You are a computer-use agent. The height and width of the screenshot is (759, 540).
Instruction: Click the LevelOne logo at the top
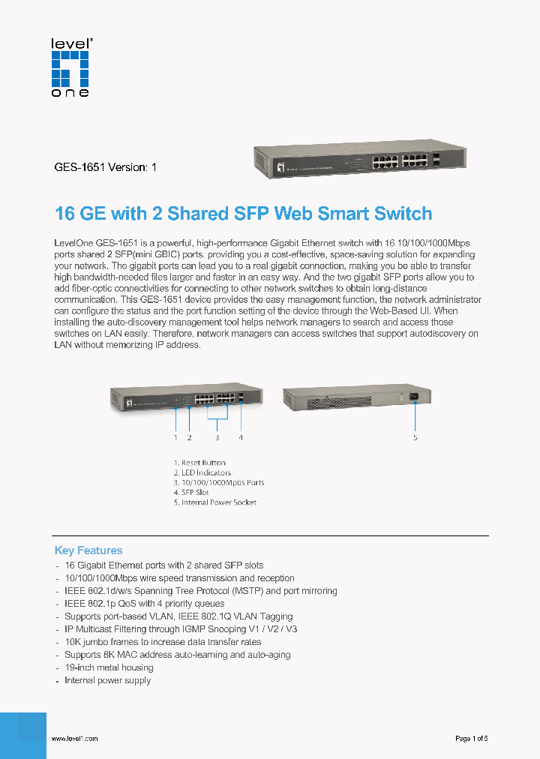click(x=70, y=67)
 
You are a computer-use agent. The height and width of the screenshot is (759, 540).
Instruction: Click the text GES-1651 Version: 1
click(x=106, y=168)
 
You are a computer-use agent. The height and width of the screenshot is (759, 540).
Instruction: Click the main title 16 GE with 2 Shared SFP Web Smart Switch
click(x=244, y=214)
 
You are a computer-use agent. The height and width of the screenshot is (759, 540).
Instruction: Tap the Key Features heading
click(x=88, y=550)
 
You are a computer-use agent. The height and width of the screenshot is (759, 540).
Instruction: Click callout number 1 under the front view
click(x=175, y=437)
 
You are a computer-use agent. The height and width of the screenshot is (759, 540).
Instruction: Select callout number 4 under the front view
click(x=241, y=437)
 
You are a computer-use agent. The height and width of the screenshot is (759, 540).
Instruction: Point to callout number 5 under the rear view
click(x=415, y=437)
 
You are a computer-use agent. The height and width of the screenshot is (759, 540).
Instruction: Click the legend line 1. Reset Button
click(x=199, y=463)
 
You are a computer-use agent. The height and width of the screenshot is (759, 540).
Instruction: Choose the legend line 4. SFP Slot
click(x=191, y=492)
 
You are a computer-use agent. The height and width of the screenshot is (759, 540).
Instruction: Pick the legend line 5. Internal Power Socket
click(x=215, y=502)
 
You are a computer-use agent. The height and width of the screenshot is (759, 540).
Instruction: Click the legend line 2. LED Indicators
click(x=202, y=472)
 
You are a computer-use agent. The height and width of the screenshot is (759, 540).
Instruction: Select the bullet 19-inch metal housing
click(x=109, y=667)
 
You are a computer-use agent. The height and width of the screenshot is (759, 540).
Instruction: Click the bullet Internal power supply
click(x=107, y=680)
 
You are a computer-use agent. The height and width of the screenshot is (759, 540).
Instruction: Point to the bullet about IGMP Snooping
click(x=181, y=629)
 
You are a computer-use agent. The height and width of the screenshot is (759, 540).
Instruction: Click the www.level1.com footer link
click(x=74, y=739)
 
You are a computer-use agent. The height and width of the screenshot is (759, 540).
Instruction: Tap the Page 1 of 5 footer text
click(x=472, y=739)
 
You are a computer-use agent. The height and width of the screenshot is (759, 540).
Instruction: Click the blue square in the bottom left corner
click(x=23, y=735)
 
